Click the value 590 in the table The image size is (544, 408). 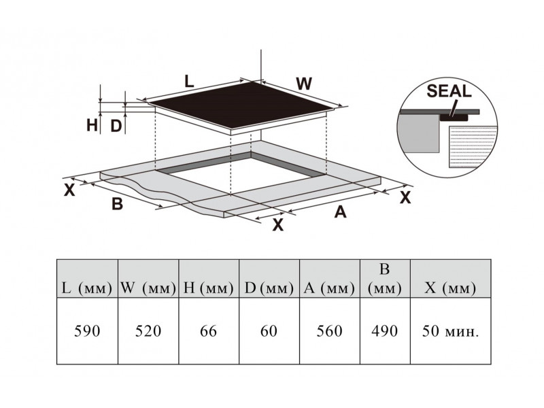[x=87, y=331]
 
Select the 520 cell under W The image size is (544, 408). [x=148, y=331]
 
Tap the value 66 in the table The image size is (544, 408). [x=209, y=331]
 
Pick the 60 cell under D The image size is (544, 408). [x=269, y=331]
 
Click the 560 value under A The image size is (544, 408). [x=330, y=331]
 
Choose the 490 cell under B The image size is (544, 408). [x=385, y=331]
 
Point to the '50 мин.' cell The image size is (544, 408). [x=450, y=331]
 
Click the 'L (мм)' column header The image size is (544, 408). [x=87, y=288]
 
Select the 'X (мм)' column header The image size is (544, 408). [x=450, y=288]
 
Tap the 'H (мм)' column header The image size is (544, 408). [x=209, y=288]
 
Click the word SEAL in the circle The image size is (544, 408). [x=449, y=91]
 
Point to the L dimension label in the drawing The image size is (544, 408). [x=189, y=82]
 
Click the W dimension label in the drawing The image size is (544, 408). [x=304, y=84]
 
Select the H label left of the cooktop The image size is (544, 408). [x=92, y=125]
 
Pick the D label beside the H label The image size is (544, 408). [x=116, y=126]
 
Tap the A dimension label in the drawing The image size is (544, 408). [x=341, y=211]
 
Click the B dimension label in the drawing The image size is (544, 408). [x=117, y=203]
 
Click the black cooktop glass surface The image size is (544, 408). [x=240, y=104]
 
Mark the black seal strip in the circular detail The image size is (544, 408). [x=454, y=118]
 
